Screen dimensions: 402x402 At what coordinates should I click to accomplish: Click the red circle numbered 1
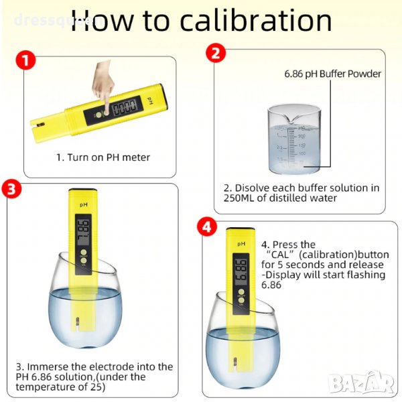pyautogui.click(x=25, y=60)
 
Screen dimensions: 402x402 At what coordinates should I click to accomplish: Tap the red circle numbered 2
pyautogui.click(x=216, y=53)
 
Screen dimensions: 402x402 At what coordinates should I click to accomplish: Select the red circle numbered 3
pyautogui.click(x=11, y=189)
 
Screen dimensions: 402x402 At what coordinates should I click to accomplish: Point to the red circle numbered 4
pyautogui.click(x=207, y=227)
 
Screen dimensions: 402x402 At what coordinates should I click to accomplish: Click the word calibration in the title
pyautogui.click(x=256, y=21)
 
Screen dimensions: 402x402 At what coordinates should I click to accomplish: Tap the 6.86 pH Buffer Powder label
pyautogui.click(x=332, y=74)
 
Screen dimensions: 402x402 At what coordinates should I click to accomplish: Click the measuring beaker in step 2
pyautogui.click(x=294, y=139)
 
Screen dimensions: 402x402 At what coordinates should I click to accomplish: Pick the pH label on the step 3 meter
pyautogui.click(x=84, y=205)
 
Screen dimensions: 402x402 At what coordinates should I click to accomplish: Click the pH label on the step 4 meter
pyautogui.click(x=241, y=244)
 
